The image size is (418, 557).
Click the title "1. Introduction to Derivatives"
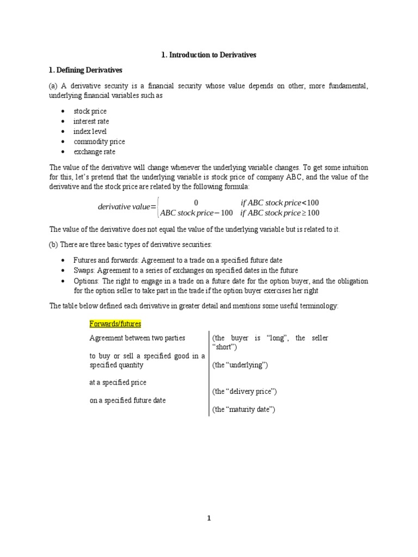[x=208, y=55]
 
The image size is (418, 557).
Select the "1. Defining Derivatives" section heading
[x=85, y=70]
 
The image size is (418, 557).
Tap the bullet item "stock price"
[x=90, y=111]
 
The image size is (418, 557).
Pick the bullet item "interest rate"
[x=91, y=121]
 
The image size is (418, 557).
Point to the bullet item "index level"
[x=90, y=132]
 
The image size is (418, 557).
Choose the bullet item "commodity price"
[x=95, y=141]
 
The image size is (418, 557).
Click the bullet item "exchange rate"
[x=94, y=152]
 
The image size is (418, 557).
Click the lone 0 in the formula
[x=196, y=202]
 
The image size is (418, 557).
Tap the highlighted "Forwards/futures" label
[x=115, y=324]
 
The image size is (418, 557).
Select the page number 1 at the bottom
[x=208, y=518]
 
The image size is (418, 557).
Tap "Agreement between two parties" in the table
[x=137, y=338]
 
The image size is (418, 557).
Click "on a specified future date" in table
[x=127, y=400]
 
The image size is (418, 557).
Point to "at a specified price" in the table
[x=118, y=382]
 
